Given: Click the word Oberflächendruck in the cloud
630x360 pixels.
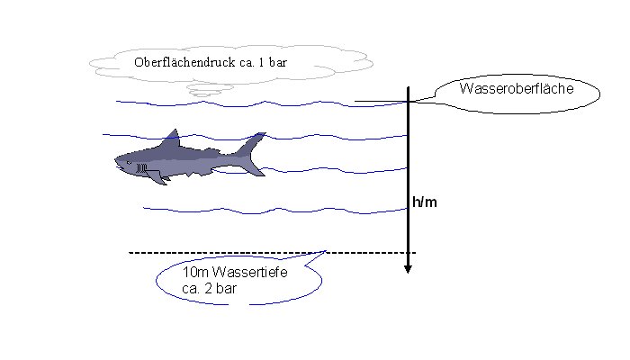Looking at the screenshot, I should [178, 62].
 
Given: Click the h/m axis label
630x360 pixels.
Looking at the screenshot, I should [425, 202].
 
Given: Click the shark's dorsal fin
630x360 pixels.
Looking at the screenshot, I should [170, 139].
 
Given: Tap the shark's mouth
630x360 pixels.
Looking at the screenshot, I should [126, 168].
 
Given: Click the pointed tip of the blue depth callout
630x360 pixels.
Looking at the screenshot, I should [325, 251].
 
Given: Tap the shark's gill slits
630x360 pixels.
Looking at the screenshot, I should [140, 167].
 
